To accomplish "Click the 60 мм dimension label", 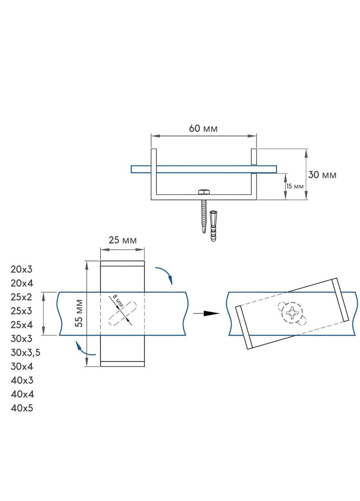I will pos(203,128).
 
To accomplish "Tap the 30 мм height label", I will pos(322,175).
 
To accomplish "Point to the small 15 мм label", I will pos(295,186).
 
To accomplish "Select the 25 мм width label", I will pos(122,240).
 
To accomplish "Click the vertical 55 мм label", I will pos(79,313).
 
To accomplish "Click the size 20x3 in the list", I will pos(22,269).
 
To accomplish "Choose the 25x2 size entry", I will pos(22,297).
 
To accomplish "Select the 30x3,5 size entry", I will pos(26,353).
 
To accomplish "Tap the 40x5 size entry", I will pos(22,408).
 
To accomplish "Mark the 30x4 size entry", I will pos(22,366).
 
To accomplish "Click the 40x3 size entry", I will pos(22,380).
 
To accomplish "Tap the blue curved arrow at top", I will pos(165,274).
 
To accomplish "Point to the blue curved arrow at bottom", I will pos(84,348).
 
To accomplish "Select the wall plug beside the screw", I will pos(213,226).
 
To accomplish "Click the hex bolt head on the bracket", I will pos(203,192).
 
